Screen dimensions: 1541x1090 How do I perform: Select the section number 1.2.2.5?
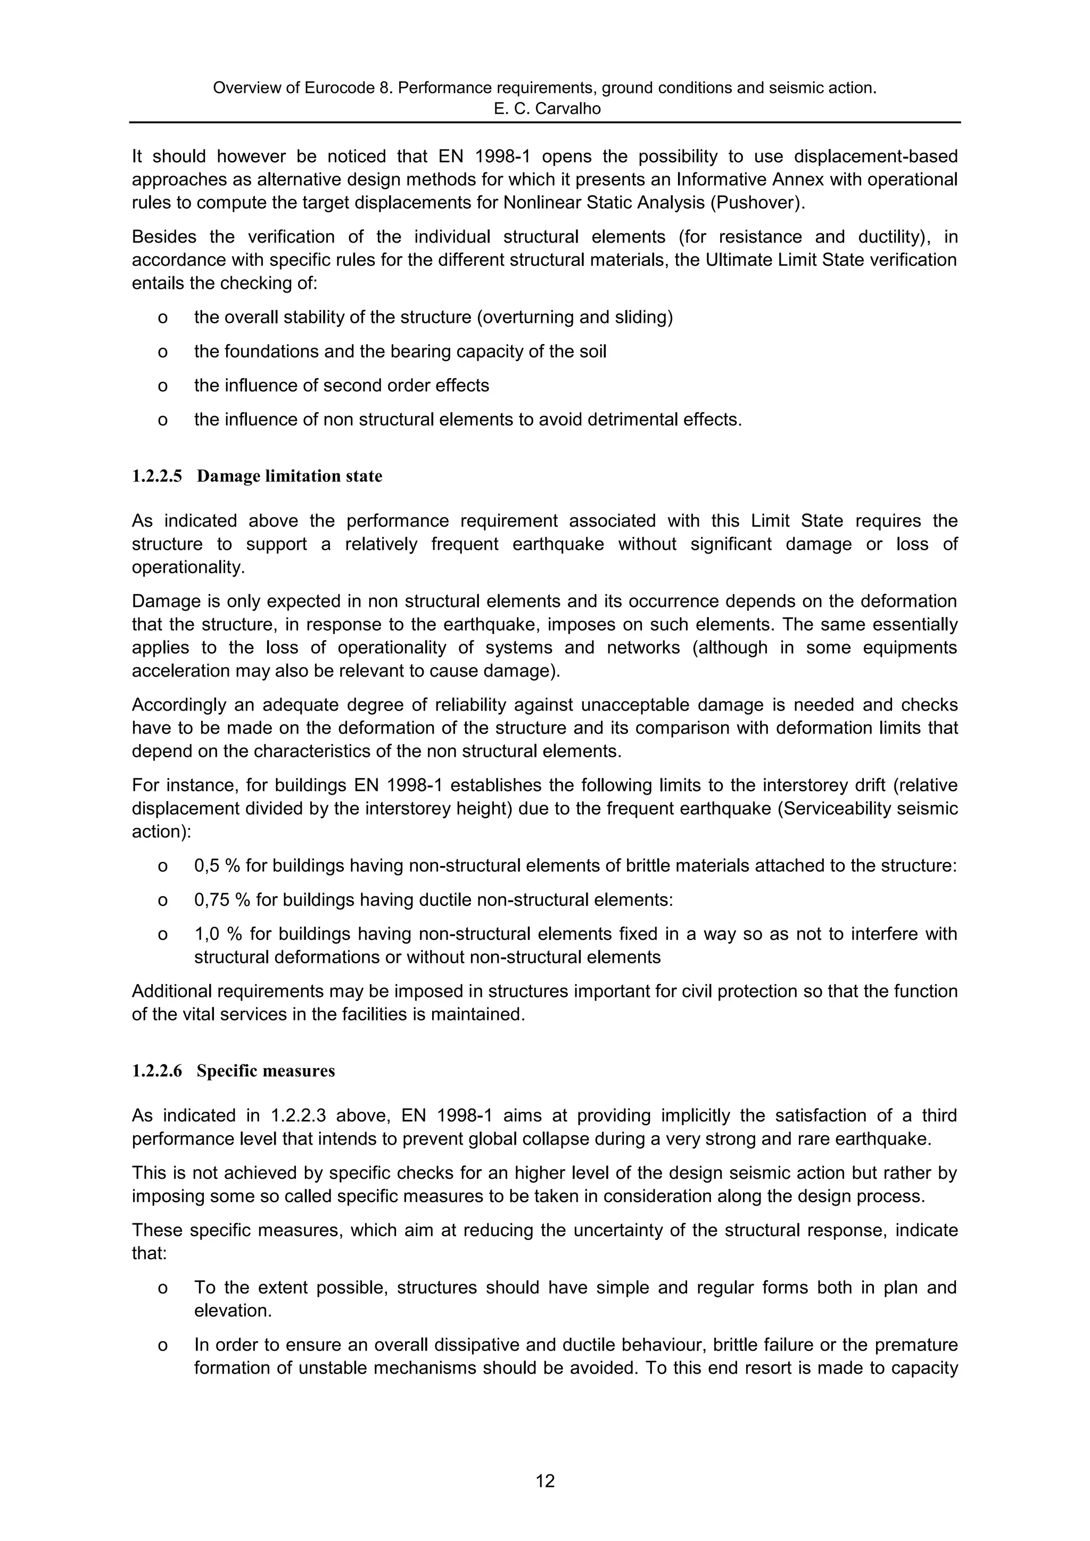pyautogui.click(x=156, y=477)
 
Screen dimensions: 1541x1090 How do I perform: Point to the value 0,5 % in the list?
pyautogui.click(x=216, y=866)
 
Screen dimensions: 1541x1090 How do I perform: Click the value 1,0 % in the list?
pyautogui.click(x=216, y=934)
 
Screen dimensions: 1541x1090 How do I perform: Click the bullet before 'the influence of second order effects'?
pyautogui.click(x=162, y=386)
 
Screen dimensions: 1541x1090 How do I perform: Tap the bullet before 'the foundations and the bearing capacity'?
pyautogui.click(x=162, y=352)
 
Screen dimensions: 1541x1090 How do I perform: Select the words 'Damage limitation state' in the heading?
pyautogui.click(x=290, y=477)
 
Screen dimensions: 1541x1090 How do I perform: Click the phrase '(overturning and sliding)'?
pyautogui.click(x=575, y=318)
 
